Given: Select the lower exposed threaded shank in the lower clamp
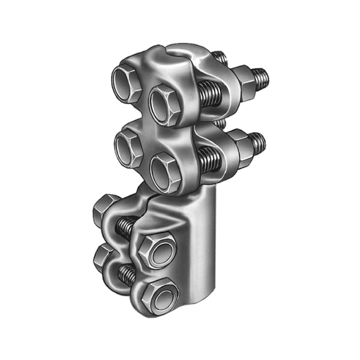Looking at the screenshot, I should coord(128,271).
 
